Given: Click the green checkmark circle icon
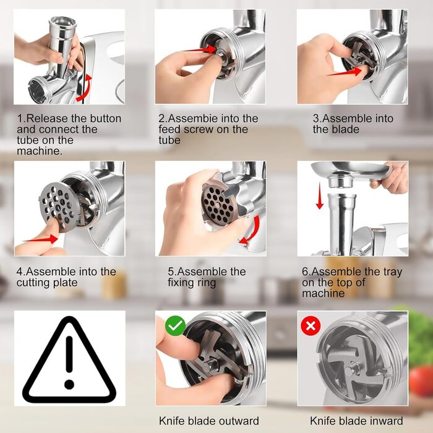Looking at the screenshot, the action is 175,326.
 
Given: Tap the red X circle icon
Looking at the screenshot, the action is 311,326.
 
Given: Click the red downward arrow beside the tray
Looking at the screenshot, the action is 320,195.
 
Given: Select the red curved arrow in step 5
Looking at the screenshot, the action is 252,231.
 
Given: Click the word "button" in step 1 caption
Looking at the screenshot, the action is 106,119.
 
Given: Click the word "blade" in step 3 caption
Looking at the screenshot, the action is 345,129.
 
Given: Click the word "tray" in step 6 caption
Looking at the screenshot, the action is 392,272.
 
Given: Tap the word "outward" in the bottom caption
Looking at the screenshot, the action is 237,421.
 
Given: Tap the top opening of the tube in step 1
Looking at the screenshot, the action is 62,22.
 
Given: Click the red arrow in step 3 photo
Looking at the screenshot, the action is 345,72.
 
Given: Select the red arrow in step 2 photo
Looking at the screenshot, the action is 202,49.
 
